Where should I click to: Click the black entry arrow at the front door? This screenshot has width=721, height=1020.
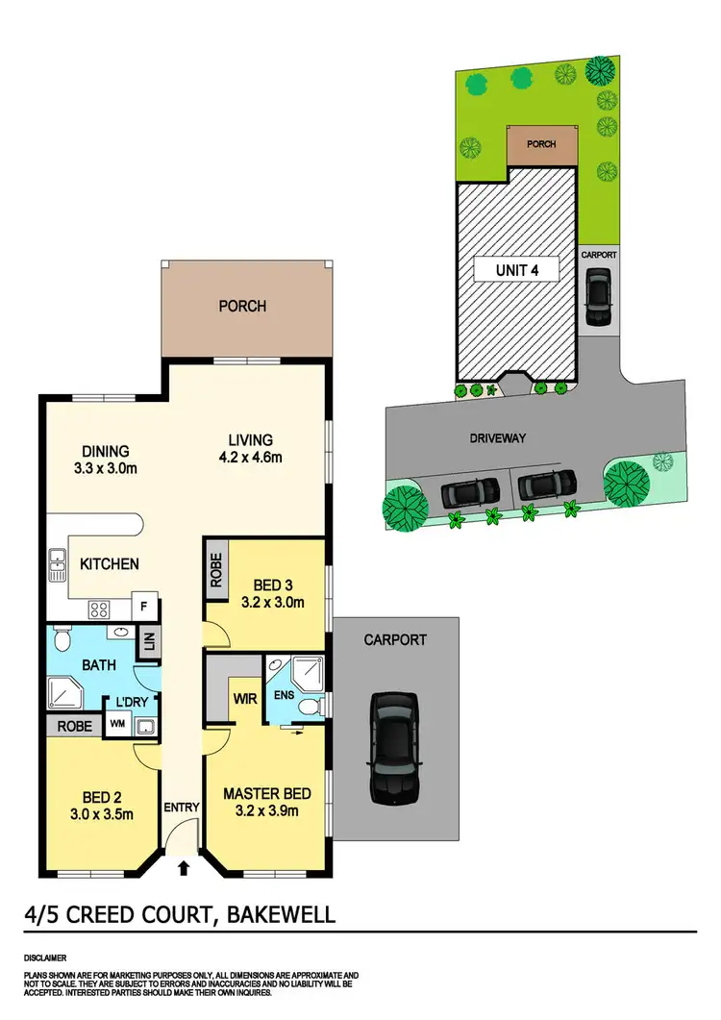(x=184, y=870)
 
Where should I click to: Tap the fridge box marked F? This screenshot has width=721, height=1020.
(x=144, y=606)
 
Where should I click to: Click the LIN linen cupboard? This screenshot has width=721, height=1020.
(x=149, y=643)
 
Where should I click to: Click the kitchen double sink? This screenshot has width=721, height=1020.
(x=56, y=565)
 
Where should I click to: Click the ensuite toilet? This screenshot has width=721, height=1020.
(x=310, y=708)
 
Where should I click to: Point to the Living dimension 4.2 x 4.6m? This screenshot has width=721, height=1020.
(x=250, y=458)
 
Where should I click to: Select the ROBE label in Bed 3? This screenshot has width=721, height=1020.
(x=215, y=571)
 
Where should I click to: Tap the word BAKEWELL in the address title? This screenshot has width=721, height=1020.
(x=281, y=912)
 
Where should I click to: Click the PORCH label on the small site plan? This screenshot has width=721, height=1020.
(x=541, y=145)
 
